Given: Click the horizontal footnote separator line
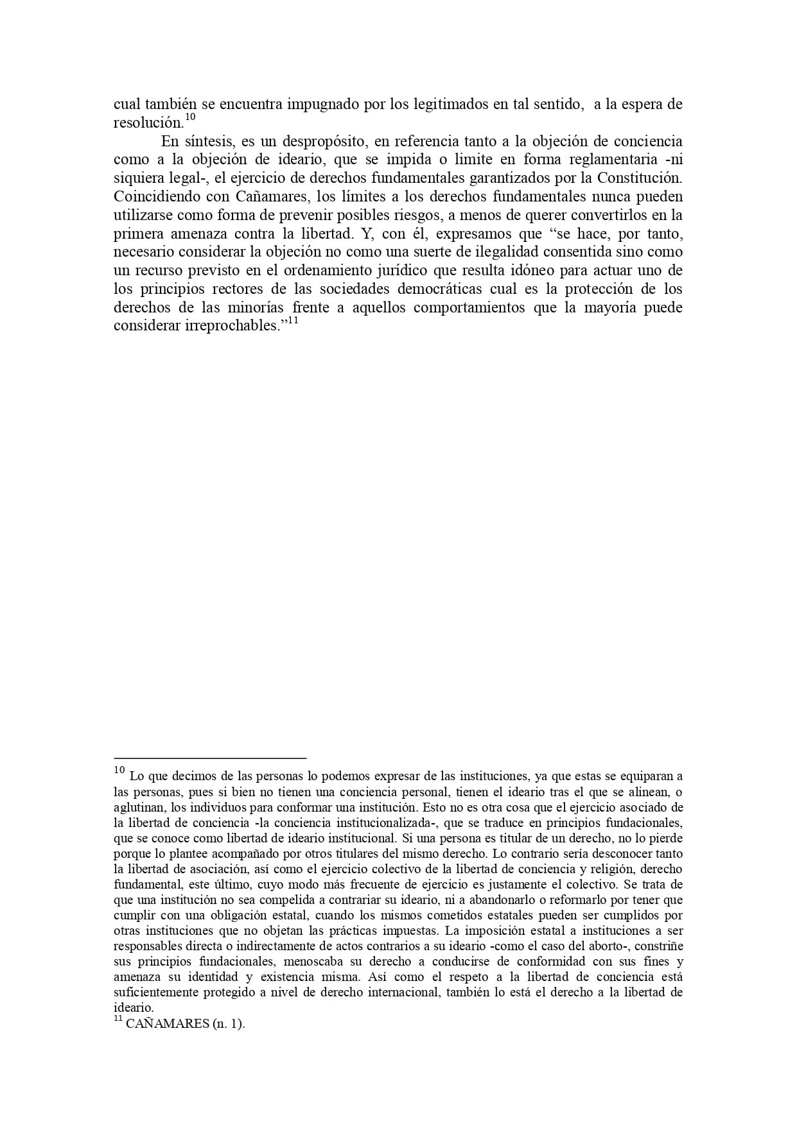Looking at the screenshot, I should (x=210, y=758).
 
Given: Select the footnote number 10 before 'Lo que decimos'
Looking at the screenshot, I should (x=119, y=770).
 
